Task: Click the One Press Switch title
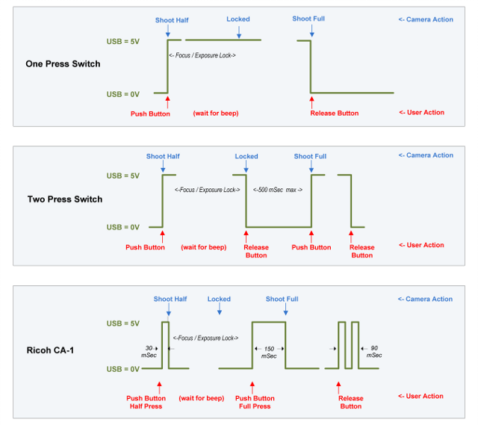(x=63, y=64)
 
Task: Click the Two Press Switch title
(x=64, y=199)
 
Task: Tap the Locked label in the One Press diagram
(x=238, y=19)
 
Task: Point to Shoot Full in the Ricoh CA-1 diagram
(x=282, y=299)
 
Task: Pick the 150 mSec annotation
(x=269, y=352)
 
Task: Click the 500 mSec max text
(x=277, y=190)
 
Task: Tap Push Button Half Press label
(x=146, y=403)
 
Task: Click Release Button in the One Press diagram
(x=334, y=114)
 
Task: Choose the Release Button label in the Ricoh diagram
(x=350, y=403)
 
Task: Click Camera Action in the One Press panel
(x=426, y=19)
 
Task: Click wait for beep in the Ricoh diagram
(x=202, y=399)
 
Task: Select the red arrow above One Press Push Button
(x=167, y=102)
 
